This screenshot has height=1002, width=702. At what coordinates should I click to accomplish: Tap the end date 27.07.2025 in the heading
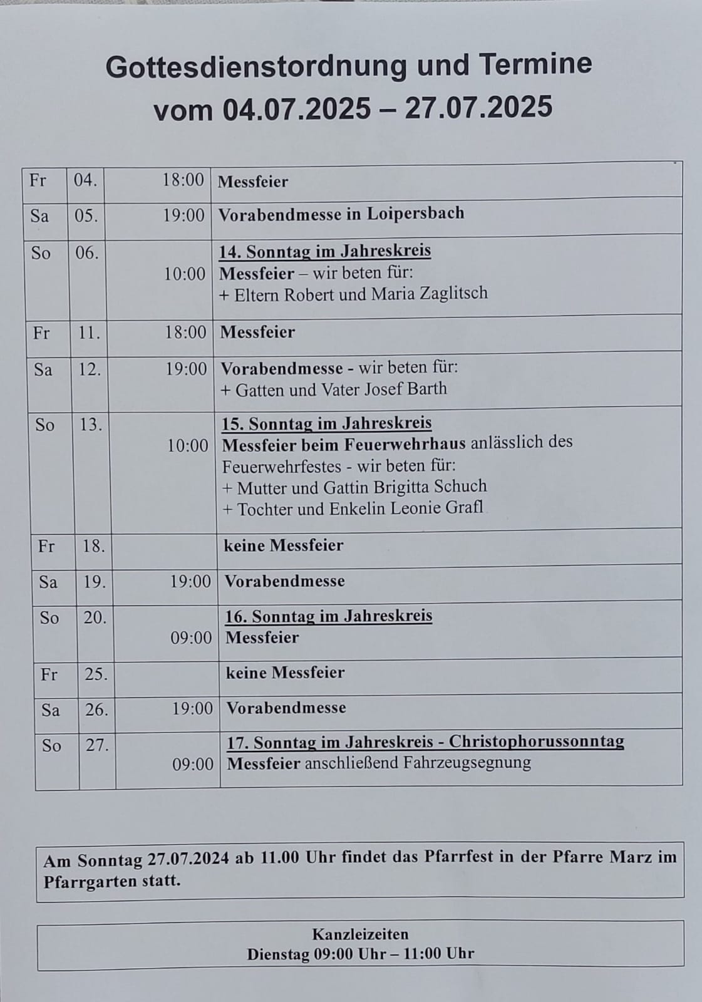tap(478, 108)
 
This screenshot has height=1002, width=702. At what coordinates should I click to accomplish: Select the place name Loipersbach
tap(415, 214)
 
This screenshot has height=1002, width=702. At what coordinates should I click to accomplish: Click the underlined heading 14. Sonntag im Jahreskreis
tap(325, 251)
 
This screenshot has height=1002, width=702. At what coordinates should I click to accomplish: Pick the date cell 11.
tap(89, 333)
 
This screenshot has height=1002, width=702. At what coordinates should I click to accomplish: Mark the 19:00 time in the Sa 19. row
tap(190, 582)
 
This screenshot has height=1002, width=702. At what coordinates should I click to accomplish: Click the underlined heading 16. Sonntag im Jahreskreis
tap(329, 616)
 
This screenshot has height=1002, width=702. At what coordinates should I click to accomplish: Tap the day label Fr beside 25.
tap(49, 674)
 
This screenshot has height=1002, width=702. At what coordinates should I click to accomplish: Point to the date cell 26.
tap(96, 710)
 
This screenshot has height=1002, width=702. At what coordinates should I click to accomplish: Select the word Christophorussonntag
tap(537, 741)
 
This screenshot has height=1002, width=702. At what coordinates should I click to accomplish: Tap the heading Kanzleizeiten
tap(360, 934)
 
